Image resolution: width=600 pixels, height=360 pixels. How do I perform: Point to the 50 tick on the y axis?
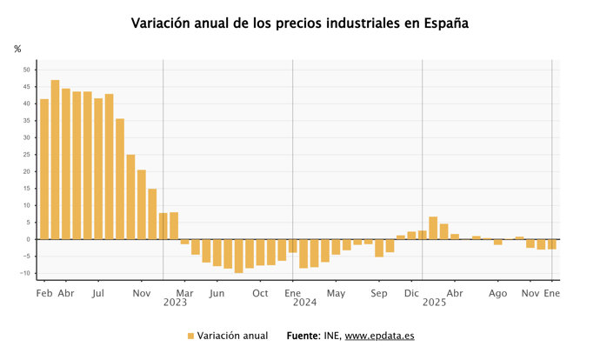point(26,70)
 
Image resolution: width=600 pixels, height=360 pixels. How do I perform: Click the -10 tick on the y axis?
point(25,273)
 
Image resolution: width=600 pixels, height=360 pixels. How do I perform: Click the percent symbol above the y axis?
point(17,49)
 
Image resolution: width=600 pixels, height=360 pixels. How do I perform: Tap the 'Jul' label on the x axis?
point(97,294)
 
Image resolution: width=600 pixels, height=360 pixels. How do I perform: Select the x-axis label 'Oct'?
point(260,294)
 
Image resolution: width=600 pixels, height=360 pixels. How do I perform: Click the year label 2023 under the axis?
point(175,303)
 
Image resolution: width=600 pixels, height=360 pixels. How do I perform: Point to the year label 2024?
point(304,303)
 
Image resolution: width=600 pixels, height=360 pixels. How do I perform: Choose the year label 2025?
point(434,303)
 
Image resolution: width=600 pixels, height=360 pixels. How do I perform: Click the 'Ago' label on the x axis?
point(497,294)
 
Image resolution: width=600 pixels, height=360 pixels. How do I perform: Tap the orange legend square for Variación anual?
point(190,336)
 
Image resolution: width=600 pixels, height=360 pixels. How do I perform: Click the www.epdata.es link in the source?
point(379,336)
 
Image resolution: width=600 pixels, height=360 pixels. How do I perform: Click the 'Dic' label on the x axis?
point(412,294)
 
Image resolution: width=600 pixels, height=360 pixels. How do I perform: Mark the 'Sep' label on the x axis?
point(379,294)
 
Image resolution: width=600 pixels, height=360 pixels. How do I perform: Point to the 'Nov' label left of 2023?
point(141,294)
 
